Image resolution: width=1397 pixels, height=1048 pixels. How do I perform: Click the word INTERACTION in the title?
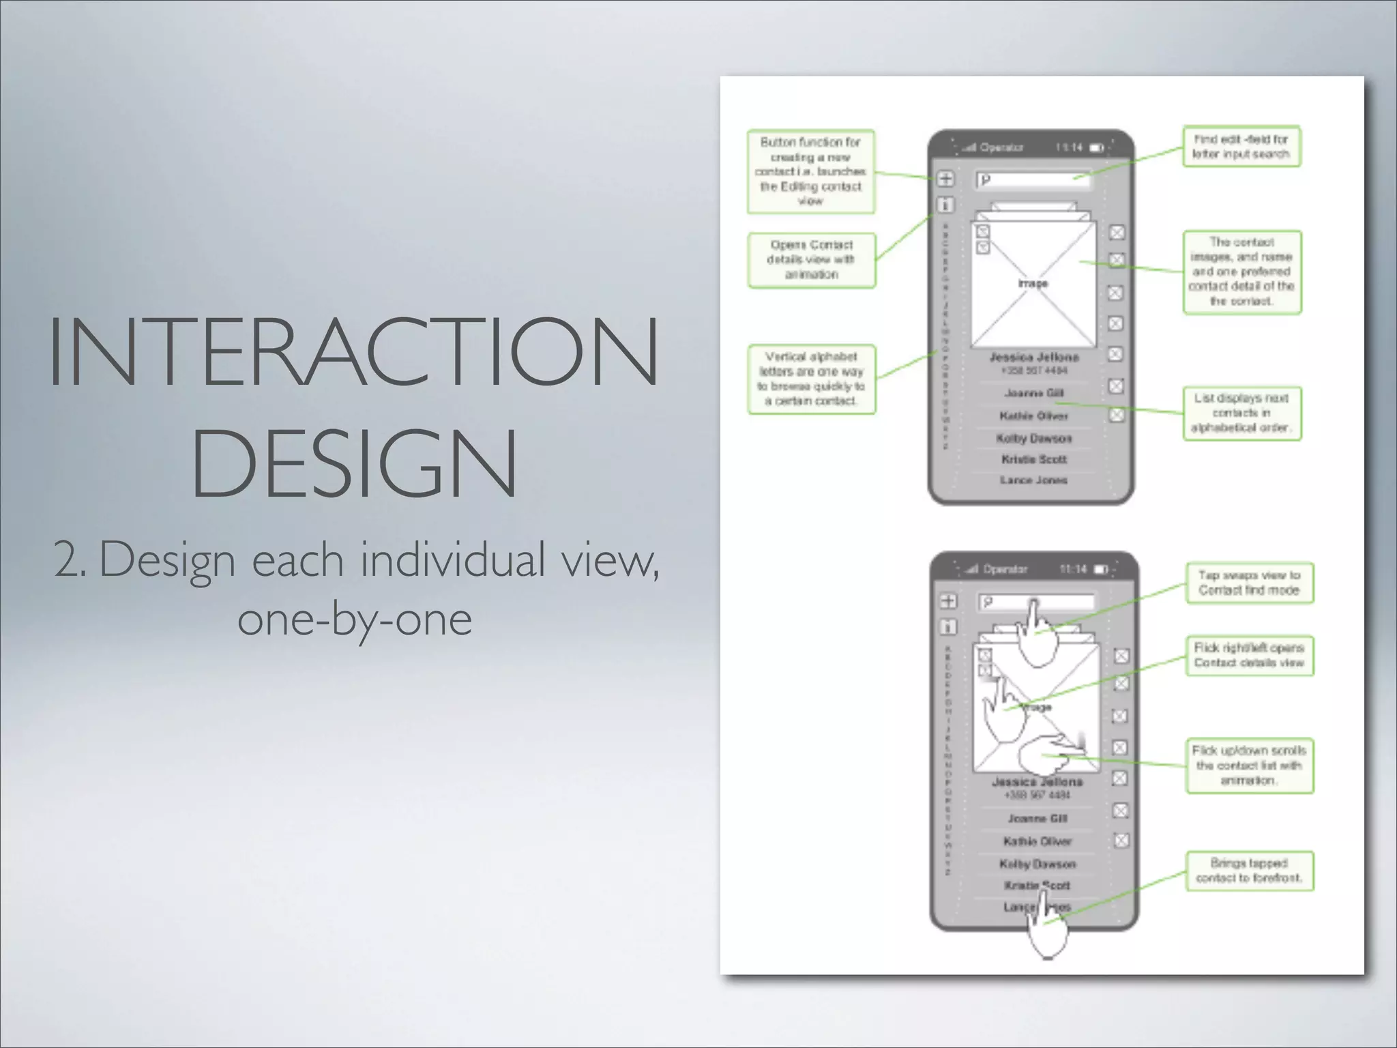353,351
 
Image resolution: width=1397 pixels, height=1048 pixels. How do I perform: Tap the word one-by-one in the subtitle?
355,619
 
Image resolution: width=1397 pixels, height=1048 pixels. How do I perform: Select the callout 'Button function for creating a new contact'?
810,171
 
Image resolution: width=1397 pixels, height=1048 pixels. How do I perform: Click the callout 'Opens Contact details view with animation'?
811,260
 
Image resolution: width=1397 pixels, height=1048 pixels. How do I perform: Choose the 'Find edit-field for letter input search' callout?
1241,146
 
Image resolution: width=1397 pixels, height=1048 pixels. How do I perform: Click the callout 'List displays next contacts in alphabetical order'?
1241,413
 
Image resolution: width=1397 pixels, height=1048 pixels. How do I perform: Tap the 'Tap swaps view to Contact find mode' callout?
1249,583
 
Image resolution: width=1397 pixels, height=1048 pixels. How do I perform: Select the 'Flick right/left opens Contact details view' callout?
1249,655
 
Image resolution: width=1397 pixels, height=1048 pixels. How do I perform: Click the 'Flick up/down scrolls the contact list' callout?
1249,765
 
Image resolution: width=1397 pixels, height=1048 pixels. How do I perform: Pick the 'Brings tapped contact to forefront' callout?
1249,871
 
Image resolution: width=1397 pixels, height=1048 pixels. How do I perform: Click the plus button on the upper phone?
945,179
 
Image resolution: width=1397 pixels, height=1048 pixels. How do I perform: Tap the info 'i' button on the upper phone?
945,204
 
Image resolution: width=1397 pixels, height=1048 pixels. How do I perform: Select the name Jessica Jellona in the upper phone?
1034,357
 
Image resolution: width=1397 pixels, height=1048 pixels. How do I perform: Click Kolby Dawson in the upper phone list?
1034,438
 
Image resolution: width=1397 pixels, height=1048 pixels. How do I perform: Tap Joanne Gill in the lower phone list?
1038,818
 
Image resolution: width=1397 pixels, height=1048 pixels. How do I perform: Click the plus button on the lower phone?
949,601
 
